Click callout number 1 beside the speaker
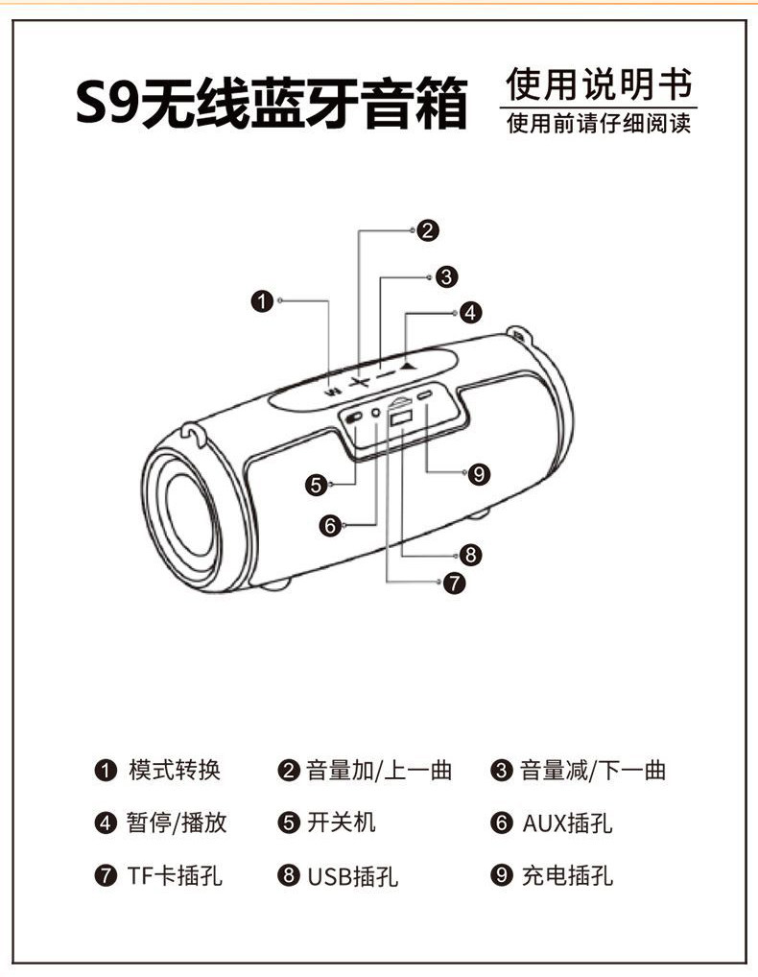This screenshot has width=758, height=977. tap(262, 301)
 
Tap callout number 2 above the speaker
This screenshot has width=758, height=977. tap(428, 230)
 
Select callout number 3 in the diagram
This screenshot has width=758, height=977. tap(445, 276)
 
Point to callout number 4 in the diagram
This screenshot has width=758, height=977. tap(469, 312)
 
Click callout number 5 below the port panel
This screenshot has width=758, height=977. tap(317, 486)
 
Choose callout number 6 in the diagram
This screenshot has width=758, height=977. tap(331, 525)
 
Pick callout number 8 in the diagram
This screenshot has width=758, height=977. tap(469, 554)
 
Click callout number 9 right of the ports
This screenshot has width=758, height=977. tap(480, 472)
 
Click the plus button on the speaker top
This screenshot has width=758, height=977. tap(359, 382)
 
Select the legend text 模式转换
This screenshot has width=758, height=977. tap(175, 770)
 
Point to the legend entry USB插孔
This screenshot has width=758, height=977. tap(352, 875)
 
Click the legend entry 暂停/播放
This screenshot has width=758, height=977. tap(177, 822)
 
